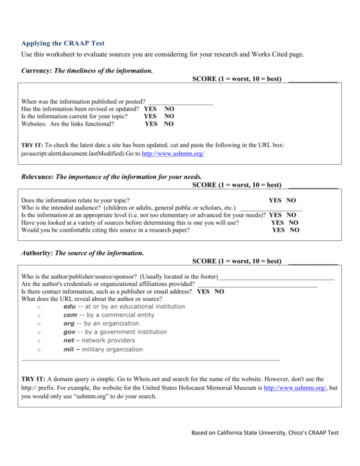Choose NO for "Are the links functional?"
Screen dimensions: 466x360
(169, 124)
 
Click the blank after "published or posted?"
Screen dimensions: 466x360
(180, 101)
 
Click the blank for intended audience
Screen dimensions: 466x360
(271, 208)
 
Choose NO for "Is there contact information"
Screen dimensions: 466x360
(219, 291)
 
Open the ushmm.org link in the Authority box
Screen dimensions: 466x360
(295, 388)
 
